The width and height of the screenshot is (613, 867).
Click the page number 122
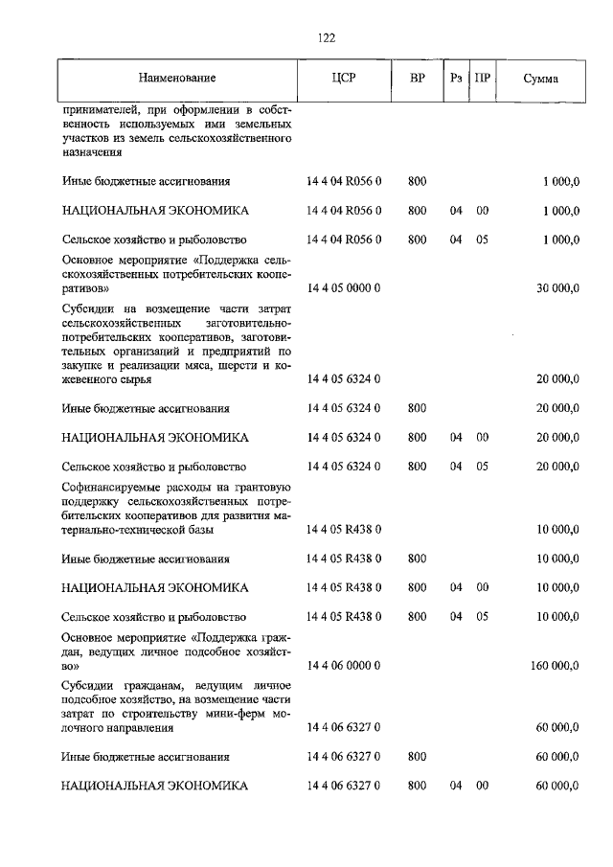[325, 38]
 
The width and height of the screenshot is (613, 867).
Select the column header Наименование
[176, 78]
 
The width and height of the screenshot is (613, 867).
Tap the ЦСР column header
[343, 78]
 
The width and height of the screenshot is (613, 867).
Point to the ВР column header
[417, 78]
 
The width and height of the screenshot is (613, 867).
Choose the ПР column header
[482, 78]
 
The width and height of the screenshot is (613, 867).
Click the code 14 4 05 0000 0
[344, 287]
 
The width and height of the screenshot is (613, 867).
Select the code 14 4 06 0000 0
[344, 664]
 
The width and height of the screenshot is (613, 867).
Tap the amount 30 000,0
[557, 287]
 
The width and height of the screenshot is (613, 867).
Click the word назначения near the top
[93, 153]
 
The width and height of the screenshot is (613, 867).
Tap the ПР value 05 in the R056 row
[482, 240]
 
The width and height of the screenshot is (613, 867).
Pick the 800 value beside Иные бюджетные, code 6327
[417, 757]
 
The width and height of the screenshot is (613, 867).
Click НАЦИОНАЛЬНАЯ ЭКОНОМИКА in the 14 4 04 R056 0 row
[154, 211]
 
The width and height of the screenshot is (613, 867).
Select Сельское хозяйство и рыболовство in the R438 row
[153, 617]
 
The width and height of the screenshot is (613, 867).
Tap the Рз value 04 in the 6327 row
[456, 786]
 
